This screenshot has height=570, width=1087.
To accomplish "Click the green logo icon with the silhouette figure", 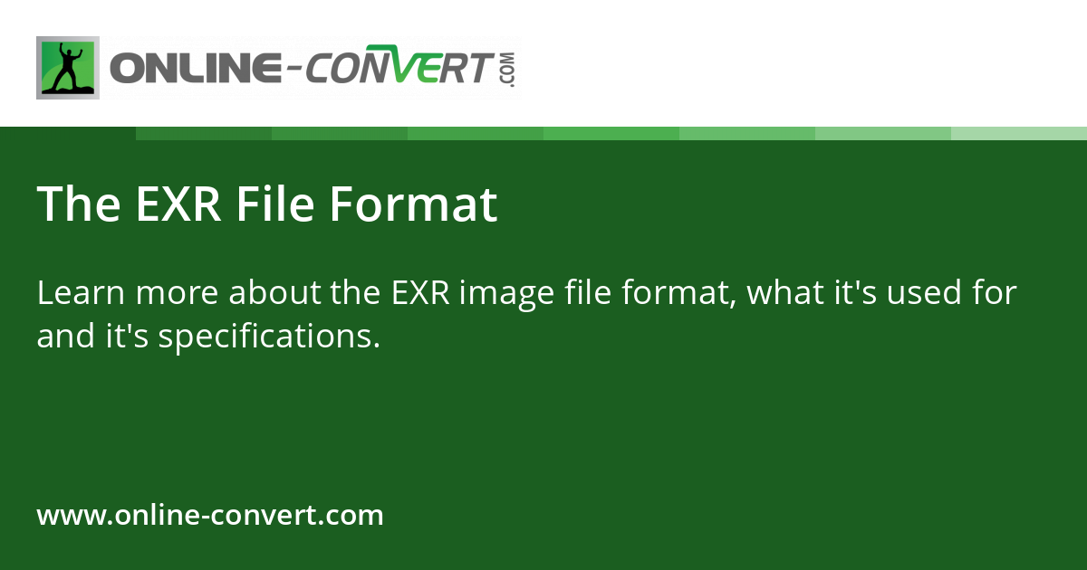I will coord(68,68).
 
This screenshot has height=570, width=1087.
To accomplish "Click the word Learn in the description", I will coord(75,293).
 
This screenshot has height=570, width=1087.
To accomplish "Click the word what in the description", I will coord(776,293).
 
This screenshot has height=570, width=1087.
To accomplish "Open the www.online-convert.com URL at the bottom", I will coord(210,516).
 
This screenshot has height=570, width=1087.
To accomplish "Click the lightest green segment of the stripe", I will coord(1019,133).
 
